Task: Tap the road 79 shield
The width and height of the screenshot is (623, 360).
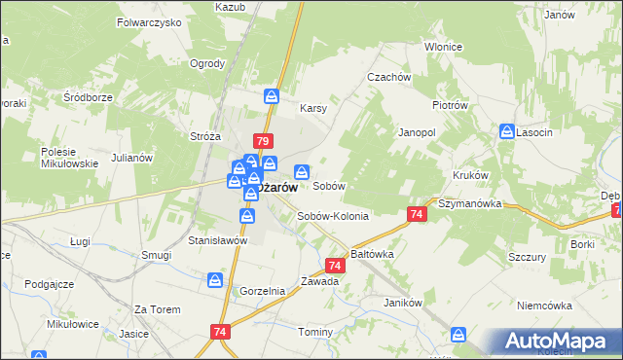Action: coord(261,140)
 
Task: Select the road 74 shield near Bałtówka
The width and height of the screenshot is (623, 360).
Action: coord(335,265)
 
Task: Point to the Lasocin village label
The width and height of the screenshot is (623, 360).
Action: coord(536,131)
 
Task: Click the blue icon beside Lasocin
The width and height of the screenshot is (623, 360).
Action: coord(507,131)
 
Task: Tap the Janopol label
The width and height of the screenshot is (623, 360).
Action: coord(416,130)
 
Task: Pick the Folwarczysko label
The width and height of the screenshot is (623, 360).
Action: coord(149,21)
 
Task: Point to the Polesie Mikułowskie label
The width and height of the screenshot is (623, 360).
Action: coord(69,158)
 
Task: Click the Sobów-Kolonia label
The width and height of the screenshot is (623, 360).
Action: coord(333,216)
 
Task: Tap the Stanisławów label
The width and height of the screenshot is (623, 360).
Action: coord(218,239)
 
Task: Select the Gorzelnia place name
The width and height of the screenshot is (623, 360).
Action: coord(262,291)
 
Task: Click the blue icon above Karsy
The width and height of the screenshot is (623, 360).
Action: coord(272,95)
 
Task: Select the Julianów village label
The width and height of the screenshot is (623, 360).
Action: coord(133,158)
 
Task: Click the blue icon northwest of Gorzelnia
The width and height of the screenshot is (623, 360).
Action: coord(215,280)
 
